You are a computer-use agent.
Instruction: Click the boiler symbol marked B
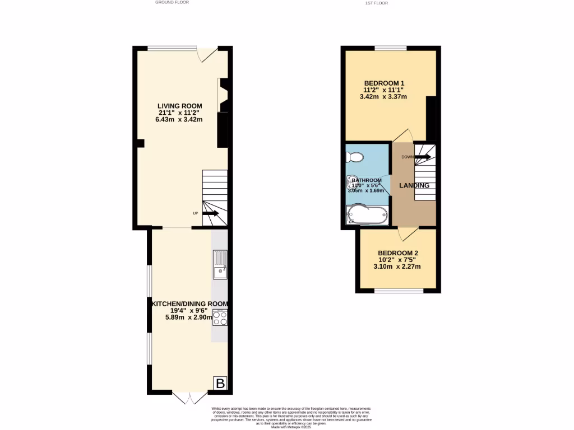[220, 384]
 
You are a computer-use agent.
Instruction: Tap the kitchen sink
[220, 265]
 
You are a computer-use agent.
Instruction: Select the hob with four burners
[220, 318]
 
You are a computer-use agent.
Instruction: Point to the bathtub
[367, 215]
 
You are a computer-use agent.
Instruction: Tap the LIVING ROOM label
[179, 106]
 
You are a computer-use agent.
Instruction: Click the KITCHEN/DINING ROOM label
[189, 304]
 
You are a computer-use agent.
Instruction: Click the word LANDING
[414, 185]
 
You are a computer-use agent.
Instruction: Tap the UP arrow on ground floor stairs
[210, 213]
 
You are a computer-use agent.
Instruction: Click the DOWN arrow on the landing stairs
[422, 157]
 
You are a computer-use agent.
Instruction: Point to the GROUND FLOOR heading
[172, 2]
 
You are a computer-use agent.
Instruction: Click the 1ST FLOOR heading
[376, 3]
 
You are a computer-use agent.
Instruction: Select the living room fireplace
[223, 96]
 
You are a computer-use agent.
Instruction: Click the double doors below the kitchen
[188, 398]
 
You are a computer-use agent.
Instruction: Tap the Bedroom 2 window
[399, 291]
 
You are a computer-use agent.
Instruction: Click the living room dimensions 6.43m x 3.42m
[179, 119]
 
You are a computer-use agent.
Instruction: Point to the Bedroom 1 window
[391, 48]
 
